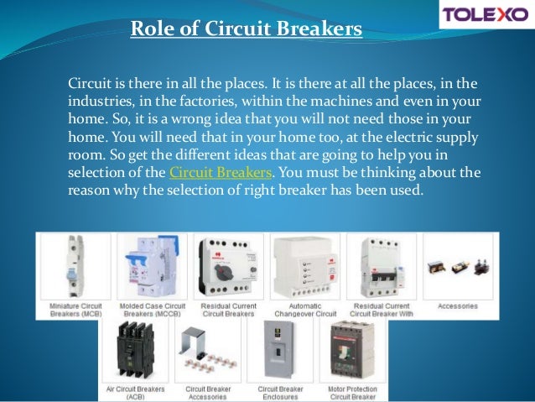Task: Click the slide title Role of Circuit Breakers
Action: [247, 30]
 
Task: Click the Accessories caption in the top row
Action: [458, 306]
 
